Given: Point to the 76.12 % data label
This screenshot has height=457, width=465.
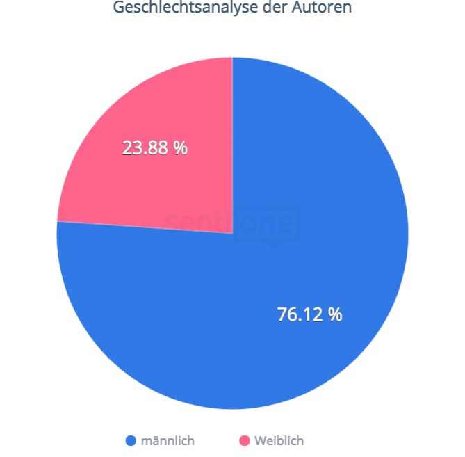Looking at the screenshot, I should click(309, 314).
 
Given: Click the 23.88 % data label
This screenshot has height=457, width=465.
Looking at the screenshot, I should click(154, 148).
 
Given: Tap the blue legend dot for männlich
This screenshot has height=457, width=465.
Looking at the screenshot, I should click(130, 441).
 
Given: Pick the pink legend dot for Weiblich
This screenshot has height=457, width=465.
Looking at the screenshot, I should click(244, 441).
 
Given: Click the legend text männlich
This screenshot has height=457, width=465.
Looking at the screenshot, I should click(168, 441).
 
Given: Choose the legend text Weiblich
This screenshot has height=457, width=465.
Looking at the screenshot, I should click(279, 441).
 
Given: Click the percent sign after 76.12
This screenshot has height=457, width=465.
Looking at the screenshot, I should click(335, 314).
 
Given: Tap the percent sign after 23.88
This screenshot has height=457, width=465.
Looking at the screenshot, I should click(181, 148).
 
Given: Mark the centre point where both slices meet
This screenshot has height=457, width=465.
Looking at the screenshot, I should click(233, 233).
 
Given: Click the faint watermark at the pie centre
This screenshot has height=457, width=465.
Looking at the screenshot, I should click(233, 224).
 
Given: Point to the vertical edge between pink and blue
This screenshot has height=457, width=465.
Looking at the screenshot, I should click(233, 139).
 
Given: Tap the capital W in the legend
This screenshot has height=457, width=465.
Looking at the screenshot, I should click(259, 441).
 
